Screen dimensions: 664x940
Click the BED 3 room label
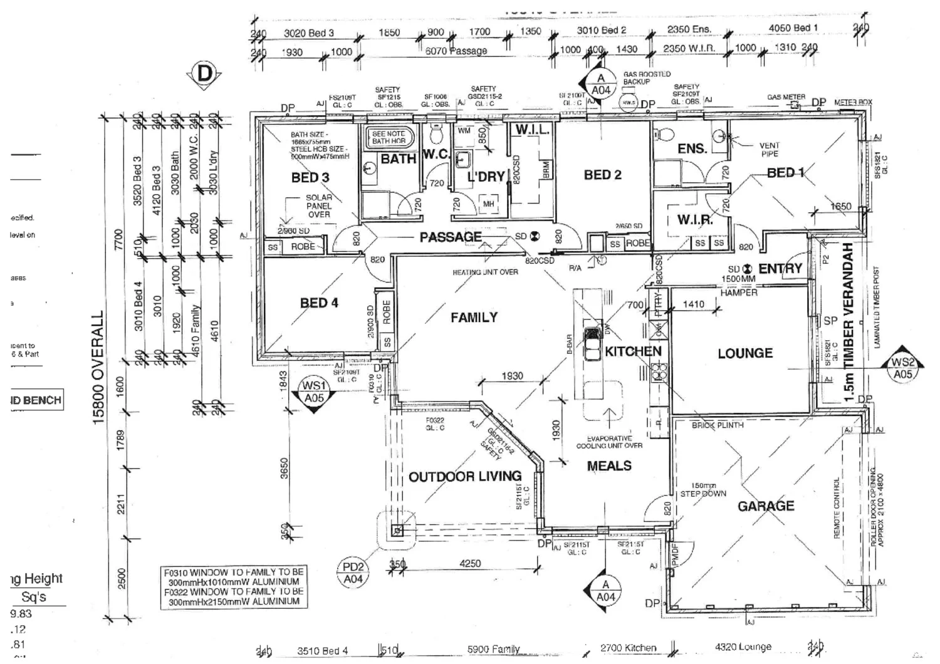(310, 177)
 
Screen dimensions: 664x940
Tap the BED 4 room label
(319, 303)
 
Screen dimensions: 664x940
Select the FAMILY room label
(474, 318)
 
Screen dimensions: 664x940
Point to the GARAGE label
(766, 506)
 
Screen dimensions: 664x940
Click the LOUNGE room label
(745, 353)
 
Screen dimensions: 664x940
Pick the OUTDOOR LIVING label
(465, 477)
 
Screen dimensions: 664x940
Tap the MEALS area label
(609, 466)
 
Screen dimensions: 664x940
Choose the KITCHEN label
(633, 351)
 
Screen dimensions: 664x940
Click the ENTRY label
(780, 269)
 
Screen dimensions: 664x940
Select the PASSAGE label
(451, 237)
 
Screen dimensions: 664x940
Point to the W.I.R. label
(695, 220)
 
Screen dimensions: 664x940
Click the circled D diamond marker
(204, 75)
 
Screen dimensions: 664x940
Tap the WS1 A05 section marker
(314, 392)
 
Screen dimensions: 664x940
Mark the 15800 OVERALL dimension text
(98, 368)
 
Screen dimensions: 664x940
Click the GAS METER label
(786, 97)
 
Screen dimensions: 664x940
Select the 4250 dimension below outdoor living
(470, 564)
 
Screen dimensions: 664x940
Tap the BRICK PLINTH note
(718, 425)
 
